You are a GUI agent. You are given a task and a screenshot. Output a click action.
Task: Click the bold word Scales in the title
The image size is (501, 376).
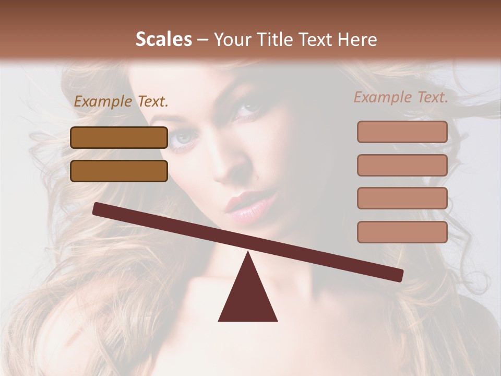[163, 40]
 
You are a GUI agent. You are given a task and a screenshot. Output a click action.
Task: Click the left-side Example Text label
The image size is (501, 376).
[121, 102]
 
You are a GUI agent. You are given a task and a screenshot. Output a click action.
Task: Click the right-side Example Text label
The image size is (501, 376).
[401, 97]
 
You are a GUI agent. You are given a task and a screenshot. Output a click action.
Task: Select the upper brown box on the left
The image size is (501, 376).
[119, 137]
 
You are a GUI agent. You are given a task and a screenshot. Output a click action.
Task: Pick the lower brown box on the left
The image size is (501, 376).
[119, 171]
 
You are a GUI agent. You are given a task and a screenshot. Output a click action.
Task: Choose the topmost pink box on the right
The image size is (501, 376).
[402, 132]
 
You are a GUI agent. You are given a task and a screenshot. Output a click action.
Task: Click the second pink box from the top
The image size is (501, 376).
[402, 165]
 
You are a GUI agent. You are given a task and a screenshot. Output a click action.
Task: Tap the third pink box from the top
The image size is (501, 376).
[402, 198]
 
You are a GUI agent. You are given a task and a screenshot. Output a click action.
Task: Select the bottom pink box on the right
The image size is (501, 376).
[402, 232]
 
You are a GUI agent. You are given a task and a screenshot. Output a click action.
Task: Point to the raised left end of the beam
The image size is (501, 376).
[97, 209]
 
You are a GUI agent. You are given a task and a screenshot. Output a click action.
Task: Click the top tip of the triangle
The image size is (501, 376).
[248, 253]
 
